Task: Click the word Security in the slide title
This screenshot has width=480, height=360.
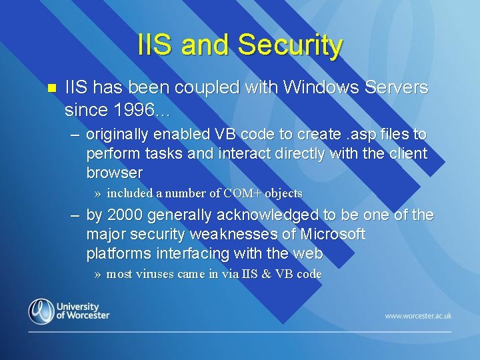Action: coord(290,45)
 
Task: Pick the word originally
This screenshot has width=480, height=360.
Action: coord(118,135)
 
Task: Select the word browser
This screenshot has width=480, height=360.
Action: coord(115,173)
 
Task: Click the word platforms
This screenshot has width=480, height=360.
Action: coord(117,254)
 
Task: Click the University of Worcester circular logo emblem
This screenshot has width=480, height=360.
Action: coord(41,311)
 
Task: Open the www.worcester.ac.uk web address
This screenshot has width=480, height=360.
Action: coord(418,315)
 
